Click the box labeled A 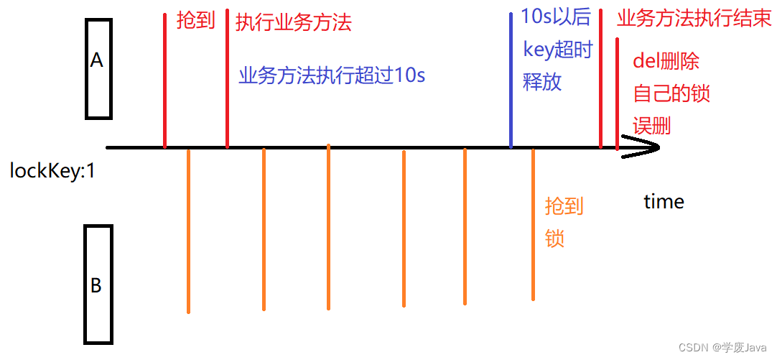coord(98,68)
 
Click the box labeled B coord(98,284)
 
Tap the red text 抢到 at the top coord(195,21)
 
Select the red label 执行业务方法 coord(293,22)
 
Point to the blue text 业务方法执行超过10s coord(332,75)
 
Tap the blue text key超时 coord(557,51)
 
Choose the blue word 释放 coord(542,82)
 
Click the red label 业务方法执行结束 coord(694,19)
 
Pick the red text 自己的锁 coord(671,93)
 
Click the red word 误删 coord(651,126)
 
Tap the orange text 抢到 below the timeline coord(564,207)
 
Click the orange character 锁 coord(555,239)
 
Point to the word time coord(664,202)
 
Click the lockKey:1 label coord(52,172)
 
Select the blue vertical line coord(511,79)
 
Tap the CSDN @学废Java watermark coord(722,348)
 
